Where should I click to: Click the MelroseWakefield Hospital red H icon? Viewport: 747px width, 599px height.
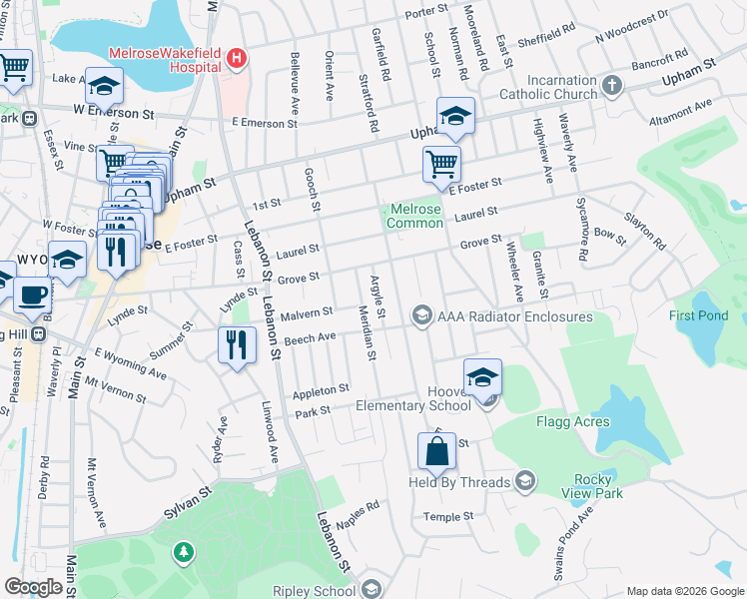(x=236, y=58)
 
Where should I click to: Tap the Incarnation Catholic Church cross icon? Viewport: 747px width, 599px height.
(x=612, y=86)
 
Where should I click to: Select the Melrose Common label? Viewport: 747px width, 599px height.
(x=415, y=216)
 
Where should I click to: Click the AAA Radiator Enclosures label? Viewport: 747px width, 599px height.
(x=515, y=316)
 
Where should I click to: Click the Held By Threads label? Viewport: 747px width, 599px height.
(x=460, y=483)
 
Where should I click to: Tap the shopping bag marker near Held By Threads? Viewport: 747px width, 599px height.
(x=437, y=451)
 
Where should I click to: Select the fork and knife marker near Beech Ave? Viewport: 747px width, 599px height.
(x=236, y=346)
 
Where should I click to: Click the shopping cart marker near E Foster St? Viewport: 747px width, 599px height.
(x=440, y=163)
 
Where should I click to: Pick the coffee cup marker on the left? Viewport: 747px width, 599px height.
(x=32, y=296)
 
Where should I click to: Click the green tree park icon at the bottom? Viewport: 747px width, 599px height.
(x=182, y=551)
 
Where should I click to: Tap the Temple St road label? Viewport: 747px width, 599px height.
(x=447, y=517)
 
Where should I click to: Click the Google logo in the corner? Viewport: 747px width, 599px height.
(x=33, y=587)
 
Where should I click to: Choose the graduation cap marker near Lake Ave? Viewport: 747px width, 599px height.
(x=104, y=87)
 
